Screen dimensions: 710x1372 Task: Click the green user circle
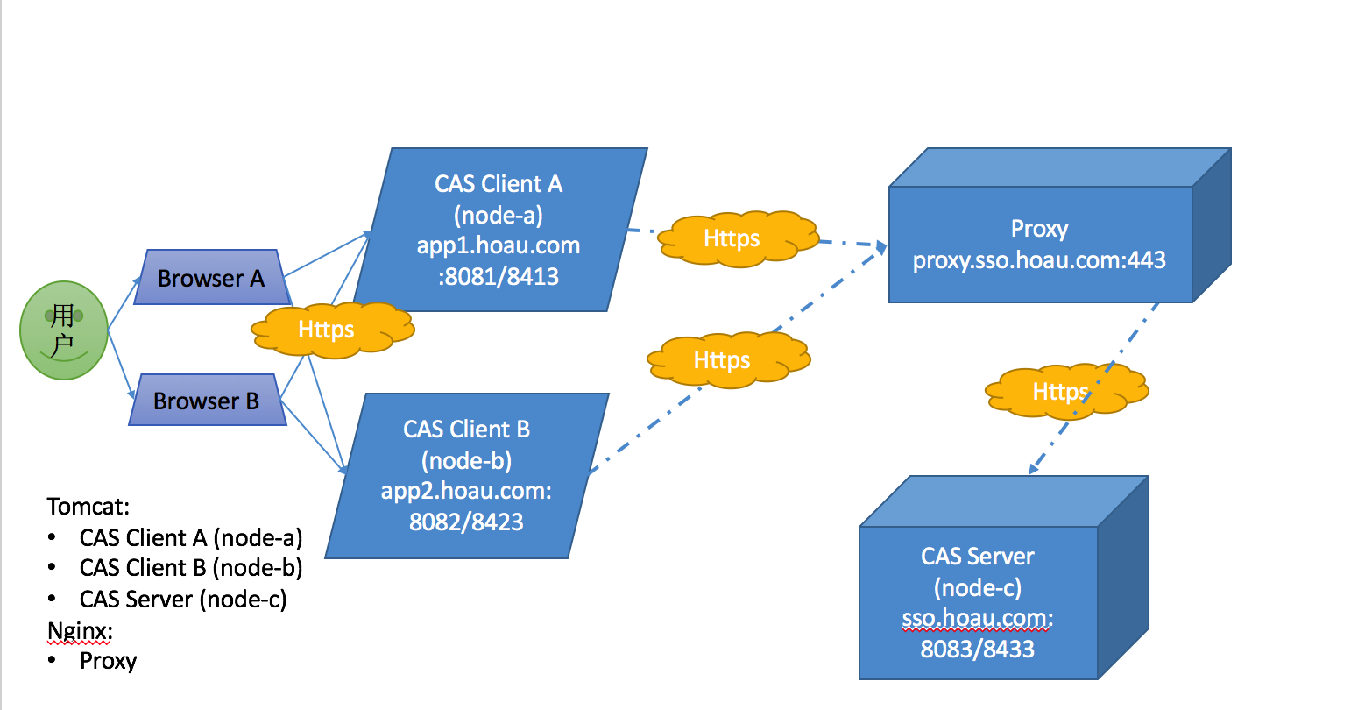click(63, 330)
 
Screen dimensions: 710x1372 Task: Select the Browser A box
click(210, 278)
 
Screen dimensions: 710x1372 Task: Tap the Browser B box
click(207, 401)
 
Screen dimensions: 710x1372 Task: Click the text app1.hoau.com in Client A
click(498, 245)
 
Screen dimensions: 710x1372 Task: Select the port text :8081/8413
click(498, 277)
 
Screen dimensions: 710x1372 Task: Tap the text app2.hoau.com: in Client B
click(466, 491)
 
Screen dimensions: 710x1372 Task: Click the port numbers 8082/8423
click(466, 522)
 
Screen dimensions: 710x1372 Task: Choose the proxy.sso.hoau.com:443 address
click(1039, 260)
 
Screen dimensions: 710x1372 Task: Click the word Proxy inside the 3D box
click(1039, 229)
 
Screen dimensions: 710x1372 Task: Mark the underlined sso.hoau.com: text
click(978, 619)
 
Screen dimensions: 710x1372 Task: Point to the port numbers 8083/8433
click(978, 650)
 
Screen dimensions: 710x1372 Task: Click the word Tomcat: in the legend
click(88, 507)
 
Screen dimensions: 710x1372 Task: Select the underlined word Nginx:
click(80, 631)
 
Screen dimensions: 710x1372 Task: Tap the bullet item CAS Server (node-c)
click(183, 600)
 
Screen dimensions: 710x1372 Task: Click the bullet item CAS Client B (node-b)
click(191, 568)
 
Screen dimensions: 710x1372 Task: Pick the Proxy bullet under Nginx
click(108, 661)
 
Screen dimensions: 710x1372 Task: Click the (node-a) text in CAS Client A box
click(498, 215)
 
